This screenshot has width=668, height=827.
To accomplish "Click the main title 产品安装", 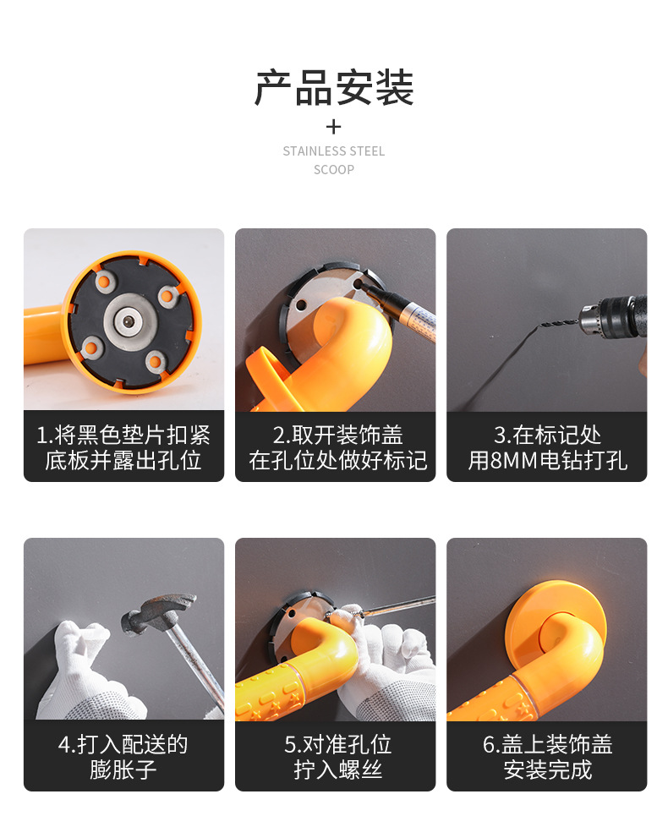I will click(x=334, y=88).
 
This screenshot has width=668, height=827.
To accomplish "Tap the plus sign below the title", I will click(x=334, y=127).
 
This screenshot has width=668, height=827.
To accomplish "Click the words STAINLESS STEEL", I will click(x=334, y=151).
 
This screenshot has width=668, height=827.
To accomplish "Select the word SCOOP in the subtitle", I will click(x=334, y=169).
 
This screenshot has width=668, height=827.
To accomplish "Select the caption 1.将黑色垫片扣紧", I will click(x=123, y=435).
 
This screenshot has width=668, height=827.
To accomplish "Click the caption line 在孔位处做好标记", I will click(x=335, y=461).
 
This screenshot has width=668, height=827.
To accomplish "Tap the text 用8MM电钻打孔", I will click(x=546, y=461).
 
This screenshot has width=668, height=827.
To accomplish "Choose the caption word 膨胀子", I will click(x=123, y=770).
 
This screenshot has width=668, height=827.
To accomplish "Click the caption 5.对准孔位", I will click(x=335, y=745).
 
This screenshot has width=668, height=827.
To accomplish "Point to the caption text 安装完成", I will click(x=546, y=770).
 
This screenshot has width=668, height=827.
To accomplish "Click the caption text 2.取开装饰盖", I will click(x=335, y=435).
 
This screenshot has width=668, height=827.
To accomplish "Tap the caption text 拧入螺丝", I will click(x=335, y=770).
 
